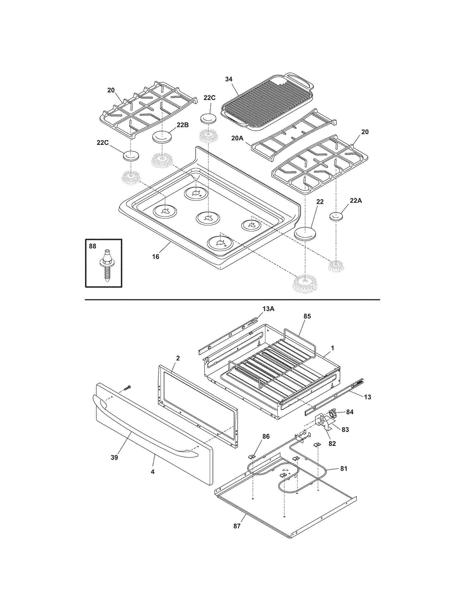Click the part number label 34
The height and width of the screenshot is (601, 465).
click(229, 79)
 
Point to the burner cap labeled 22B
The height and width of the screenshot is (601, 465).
click(162, 137)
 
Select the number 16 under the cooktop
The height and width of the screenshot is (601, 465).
click(156, 257)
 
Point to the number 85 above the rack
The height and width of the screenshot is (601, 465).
click(307, 316)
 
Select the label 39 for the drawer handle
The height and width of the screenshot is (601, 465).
click(114, 457)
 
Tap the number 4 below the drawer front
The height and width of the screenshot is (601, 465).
click(153, 472)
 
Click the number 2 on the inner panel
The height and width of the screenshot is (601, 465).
click(178, 358)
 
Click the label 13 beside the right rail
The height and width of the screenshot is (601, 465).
click(367, 397)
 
